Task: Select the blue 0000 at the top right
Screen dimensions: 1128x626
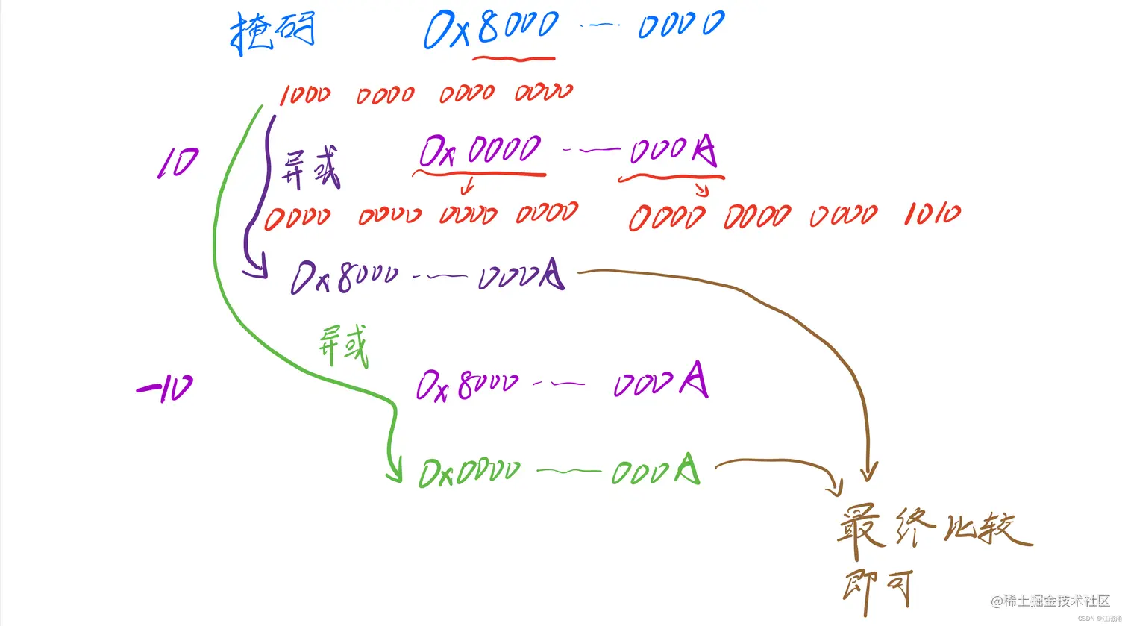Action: coord(680,25)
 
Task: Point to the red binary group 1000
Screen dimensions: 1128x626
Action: coord(306,96)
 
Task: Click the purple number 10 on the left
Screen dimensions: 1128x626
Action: coord(178,163)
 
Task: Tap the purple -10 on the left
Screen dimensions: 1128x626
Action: coord(165,388)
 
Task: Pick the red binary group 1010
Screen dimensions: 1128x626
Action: coord(932,215)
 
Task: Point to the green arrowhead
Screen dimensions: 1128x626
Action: coord(392,471)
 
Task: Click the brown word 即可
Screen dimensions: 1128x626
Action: coord(877,591)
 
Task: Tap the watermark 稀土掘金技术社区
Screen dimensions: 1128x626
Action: coord(1055,601)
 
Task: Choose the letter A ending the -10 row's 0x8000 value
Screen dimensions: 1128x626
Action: coord(694,382)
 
